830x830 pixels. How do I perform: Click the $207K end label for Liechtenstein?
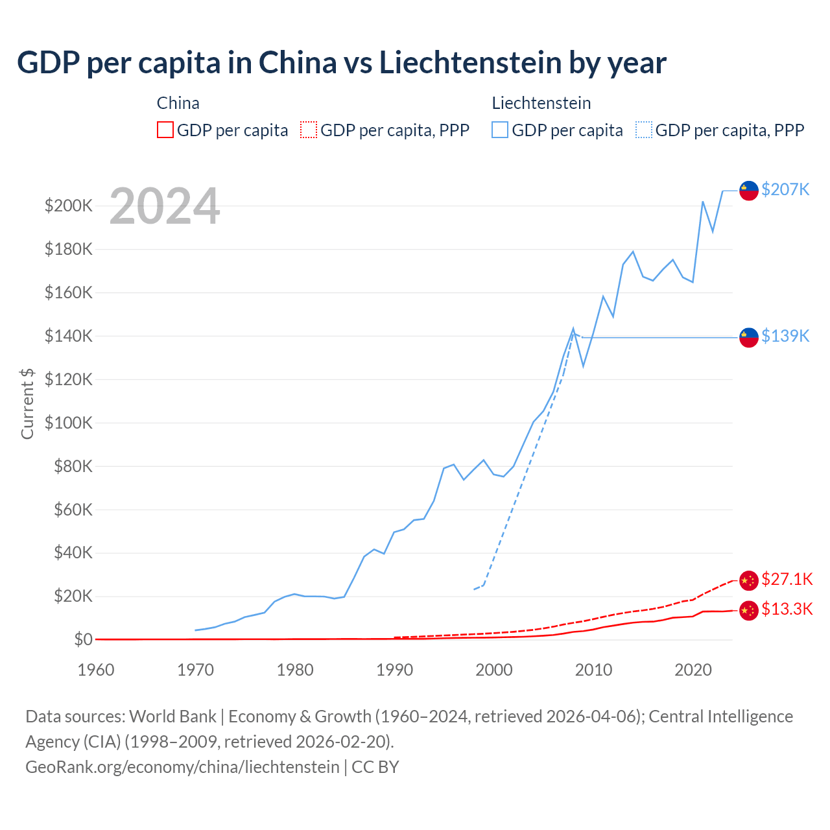[x=785, y=189]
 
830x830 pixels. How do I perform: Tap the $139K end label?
[x=785, y=336]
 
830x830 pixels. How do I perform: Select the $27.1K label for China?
[x=787, y=579]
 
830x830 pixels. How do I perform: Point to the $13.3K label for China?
[x=787, y=609]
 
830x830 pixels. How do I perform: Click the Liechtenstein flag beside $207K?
[x=749, y=191]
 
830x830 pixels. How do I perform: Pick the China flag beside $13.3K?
[x=749, y=610]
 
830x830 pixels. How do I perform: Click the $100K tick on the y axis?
[x=69, y=423]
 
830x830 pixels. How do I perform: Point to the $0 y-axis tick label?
[x=83, y=639]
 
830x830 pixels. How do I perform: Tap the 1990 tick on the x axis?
[x=394, y=670]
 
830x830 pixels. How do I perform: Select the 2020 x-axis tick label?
[x=693, y=670]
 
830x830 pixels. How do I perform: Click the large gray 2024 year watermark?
[x=165, y=206]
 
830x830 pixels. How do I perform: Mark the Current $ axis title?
[x=27, y=403]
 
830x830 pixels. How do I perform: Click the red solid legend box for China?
[x=165, y=130]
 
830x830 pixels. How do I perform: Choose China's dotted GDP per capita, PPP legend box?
[x=309, y=130]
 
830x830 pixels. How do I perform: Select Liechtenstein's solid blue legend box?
[x=500, y=130]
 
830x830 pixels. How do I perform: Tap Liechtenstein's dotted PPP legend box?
[x=644, y=130]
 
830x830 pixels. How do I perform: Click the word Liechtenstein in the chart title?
[x=470, y=63]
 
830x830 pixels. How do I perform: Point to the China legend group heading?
[x=178, y=103]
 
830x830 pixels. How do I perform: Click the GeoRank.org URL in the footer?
[x=182, y=766]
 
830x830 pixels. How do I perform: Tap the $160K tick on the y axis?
[x=69, y=292]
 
